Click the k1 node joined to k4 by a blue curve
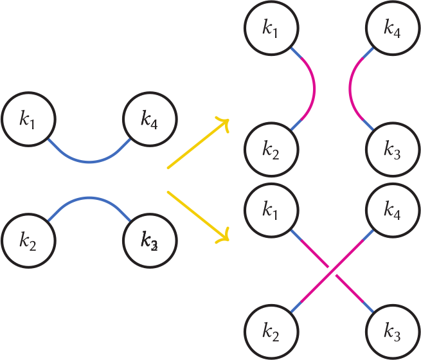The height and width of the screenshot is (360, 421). (x=28, y=119)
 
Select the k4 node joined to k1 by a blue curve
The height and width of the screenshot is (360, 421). (x=150, y=119)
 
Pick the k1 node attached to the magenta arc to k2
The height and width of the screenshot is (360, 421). (x=271, y=29)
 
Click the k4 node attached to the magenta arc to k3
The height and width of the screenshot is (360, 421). (x=392, y=29)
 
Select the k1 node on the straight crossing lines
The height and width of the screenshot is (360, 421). (x=271, y=211)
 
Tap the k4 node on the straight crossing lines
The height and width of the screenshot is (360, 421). (x=392, y=211)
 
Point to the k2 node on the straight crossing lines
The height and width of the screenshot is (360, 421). (x=271, y=332)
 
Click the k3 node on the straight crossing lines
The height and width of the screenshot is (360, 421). (x=392, y=332)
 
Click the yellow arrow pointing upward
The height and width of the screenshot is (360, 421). (x=197, y=144)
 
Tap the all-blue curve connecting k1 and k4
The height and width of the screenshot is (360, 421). (x=89, y=162)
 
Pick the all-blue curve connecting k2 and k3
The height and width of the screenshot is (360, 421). (x=89, y=198)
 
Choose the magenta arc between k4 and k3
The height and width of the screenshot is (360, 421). (x=350, y=90)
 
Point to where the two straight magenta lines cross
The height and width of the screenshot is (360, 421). (x=332, y=272)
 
